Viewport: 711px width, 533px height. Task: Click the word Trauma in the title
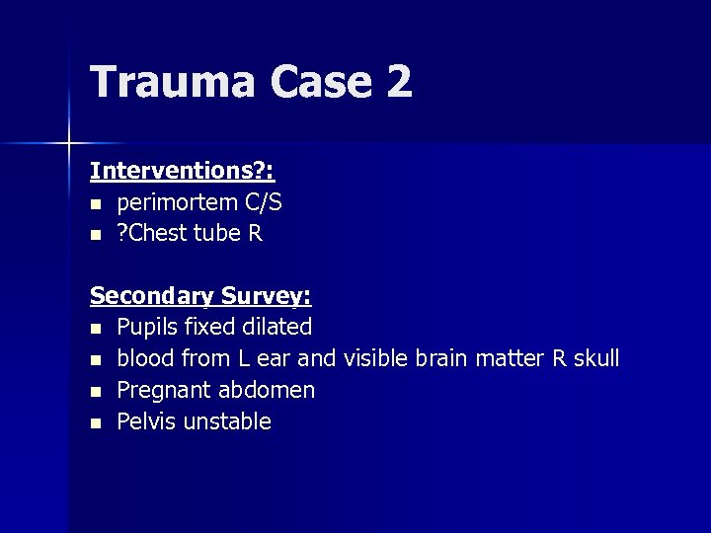[170, 81]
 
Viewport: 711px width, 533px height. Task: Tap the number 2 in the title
[399, 81]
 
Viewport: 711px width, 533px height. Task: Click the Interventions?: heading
[182, 171]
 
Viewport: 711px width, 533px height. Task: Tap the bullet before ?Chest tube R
[95, 235]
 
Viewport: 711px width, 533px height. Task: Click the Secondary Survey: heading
[200, 295]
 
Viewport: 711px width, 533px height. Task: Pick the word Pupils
[148, 327]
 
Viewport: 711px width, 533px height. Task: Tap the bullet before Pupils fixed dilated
[95, 328]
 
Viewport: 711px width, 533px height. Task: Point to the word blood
[146, 358]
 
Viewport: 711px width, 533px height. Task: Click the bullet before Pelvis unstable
[95, 422]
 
